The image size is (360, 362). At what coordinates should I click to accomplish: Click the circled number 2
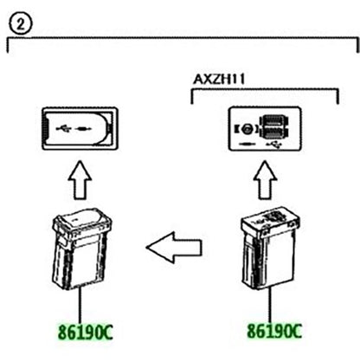tap(21, 24)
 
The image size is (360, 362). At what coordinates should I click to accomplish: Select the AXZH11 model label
tap(219, 79)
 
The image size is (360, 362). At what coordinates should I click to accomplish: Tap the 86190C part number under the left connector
tap(86, 332)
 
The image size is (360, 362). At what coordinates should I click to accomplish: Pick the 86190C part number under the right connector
tap(274, 331)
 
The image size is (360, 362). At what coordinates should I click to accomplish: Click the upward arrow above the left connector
tap(80, 180)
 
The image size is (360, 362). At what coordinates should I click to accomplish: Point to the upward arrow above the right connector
tap(265, 180)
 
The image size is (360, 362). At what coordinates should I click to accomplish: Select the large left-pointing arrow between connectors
tap(174, 248)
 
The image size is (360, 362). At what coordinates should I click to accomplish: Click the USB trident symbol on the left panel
tap(64, 128)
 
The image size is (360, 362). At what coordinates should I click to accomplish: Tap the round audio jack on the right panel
tap(247, 129)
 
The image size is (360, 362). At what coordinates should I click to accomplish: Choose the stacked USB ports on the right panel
tap(274, 127)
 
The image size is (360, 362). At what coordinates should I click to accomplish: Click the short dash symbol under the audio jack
tap(247, 144)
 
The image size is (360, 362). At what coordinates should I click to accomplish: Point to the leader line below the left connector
tap(80, 306)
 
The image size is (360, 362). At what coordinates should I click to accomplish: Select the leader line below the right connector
tap(270, 306)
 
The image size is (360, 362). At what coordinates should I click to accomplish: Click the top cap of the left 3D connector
tap(82, 221)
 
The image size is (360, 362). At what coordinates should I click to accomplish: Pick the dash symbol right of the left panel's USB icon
tap(83, 128)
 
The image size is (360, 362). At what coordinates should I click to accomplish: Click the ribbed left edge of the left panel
tap(44, 128)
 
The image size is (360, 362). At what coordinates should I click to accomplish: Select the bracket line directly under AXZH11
tap(265, 90)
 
